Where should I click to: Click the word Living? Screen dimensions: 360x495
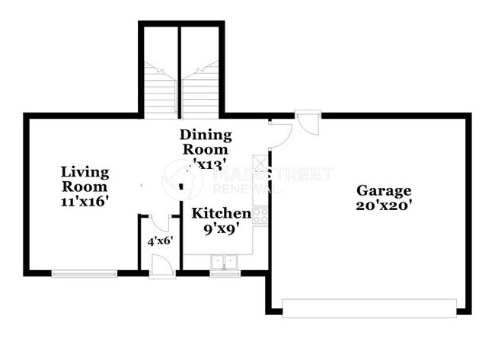85,172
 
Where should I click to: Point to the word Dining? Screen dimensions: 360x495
205,135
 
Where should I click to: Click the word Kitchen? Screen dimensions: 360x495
220,213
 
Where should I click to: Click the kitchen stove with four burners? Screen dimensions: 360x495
260,215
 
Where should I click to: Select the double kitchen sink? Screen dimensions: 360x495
225,263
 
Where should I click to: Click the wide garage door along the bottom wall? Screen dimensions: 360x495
370,308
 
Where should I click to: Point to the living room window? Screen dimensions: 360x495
84,273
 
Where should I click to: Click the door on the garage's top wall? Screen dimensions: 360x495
308,123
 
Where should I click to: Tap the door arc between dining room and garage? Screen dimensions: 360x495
280,134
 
